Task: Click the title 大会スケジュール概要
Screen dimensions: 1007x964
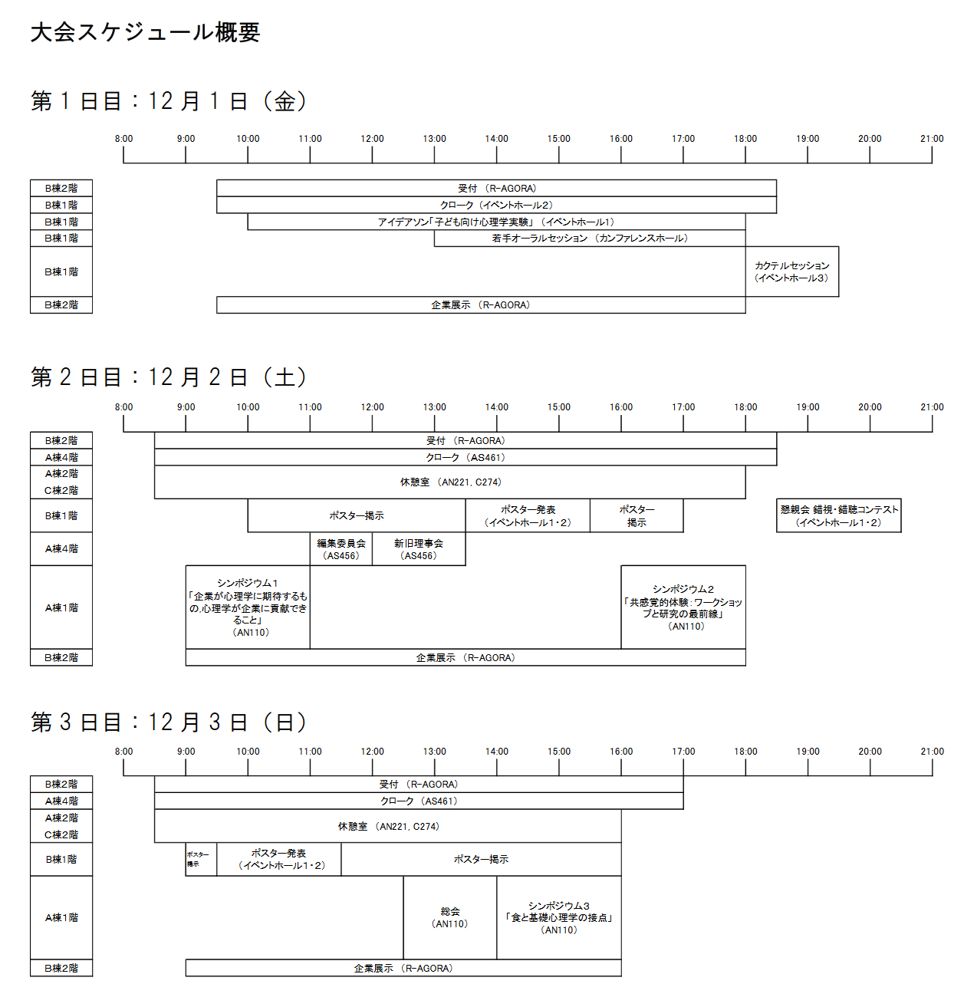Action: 146,32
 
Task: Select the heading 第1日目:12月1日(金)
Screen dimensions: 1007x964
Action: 169,101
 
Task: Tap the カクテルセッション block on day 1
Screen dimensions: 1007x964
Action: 791,271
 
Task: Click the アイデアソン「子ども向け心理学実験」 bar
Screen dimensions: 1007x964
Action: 496,222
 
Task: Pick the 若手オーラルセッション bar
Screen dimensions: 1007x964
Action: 589,239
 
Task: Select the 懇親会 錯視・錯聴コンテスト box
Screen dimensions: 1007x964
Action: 838,515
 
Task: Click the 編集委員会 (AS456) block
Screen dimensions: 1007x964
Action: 341,549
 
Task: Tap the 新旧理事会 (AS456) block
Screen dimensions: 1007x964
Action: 419,549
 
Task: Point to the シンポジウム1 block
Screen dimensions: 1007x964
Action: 248,607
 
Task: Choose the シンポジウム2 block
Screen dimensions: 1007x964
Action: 683,607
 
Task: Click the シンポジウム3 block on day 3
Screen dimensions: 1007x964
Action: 558,917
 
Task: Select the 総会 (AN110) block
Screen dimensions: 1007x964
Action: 450,917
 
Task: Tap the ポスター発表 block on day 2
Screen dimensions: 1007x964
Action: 528,515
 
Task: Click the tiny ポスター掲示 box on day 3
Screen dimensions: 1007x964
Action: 201,859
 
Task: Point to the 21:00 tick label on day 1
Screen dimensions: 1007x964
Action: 932,139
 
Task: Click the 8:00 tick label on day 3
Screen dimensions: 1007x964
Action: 123,752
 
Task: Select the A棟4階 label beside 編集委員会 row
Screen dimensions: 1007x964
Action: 61,549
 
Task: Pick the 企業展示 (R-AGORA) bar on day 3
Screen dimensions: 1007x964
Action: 403,969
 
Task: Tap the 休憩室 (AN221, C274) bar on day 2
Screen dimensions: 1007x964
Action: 450,482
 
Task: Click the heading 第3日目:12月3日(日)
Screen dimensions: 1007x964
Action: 169,722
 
